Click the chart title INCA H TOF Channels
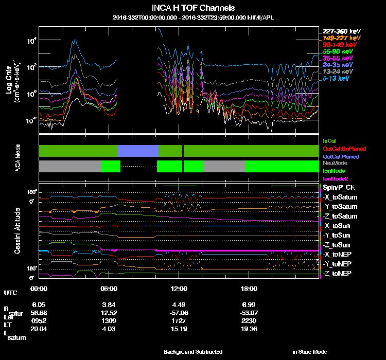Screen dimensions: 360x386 tap(193, 8)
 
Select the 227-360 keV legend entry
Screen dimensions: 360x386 tap(341, 31)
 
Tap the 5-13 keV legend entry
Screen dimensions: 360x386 tap(338, 79)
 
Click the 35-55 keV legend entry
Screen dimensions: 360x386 tap(338, 58)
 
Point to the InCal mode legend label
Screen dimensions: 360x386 tap(329, 140)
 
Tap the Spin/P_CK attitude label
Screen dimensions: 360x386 tap(339, 188)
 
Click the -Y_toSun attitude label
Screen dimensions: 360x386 tap(338, 235)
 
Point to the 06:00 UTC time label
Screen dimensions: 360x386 tap(109, 289)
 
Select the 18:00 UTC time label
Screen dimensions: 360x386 tap(249, 289)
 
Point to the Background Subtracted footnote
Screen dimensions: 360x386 tap(193, 352)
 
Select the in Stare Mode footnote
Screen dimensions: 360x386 tap(309, 352)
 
